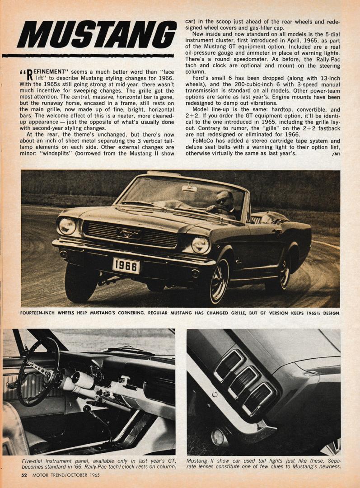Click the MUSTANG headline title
(96, 35)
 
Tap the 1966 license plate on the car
(126, 265)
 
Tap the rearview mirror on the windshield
(189, 188)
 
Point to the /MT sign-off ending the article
(335, 154)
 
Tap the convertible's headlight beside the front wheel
(201, 245)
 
